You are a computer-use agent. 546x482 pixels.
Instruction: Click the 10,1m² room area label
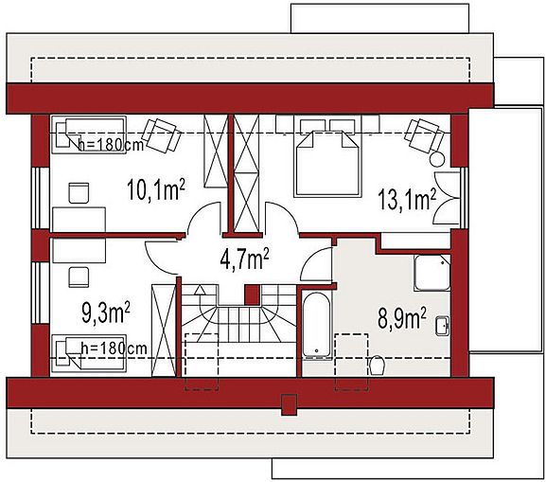pos(155,189)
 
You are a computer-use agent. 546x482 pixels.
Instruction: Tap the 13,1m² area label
pos(407,199)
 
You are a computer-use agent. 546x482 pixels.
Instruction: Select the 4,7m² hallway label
pos(245,259)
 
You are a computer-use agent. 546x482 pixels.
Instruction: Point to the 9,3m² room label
pos(106,312)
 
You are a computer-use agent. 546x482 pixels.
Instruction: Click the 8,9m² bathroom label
pos(402,318)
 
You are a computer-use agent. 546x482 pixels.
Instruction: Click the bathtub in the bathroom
pos(316,325)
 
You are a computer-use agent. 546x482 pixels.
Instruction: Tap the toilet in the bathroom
pos(377,365)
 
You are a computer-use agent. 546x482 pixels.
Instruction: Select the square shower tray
pos(432,273)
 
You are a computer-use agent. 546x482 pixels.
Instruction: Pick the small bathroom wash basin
pos(443,326)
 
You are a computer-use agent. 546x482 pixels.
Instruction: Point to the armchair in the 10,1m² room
pos(162,134)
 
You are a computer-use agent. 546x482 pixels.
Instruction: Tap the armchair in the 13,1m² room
pos(424,135)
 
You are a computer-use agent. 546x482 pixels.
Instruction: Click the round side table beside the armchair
pos(437,160)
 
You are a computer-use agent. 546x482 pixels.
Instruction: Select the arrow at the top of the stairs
pos(201,290)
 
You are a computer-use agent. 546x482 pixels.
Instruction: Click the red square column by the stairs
pos(252,295)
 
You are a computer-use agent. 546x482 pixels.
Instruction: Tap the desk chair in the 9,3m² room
pos(79,277)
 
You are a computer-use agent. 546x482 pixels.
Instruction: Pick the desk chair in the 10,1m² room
pos(79,193)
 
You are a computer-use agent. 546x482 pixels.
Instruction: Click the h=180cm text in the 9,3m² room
pos(114,348)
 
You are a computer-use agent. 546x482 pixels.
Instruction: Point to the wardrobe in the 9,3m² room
pos(164,330)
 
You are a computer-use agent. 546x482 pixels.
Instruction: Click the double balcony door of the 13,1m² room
pos(447,198)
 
